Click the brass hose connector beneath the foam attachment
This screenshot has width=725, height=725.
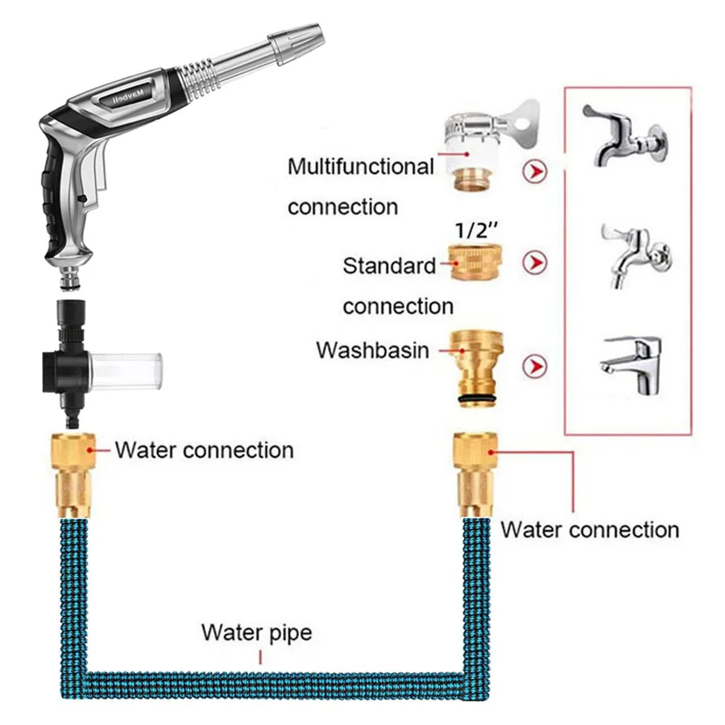pos(74,475)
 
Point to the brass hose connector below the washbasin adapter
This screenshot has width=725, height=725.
pos(474,475)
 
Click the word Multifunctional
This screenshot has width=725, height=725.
pos(361,168)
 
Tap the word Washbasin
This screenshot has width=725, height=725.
pos(371,350)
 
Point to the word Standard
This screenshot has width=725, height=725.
pos(389,266)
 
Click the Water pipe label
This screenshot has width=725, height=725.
pos(256,632)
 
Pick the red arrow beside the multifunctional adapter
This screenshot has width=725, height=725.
pos(534,171)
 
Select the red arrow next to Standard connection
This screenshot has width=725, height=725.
pos(534,263)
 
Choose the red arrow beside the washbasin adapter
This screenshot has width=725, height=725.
pos(534,367)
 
